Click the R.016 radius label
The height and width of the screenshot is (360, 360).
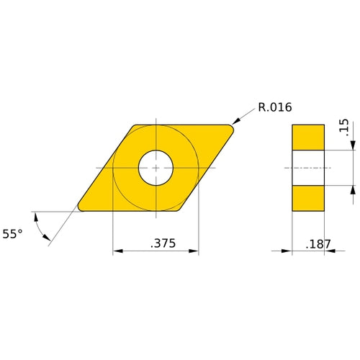pyautogui.click(x=274, y=109)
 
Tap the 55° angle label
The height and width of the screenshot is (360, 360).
pyautogui.click(x=13, y=233)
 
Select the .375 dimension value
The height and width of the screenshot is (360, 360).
pyautogui.click(x=164, y=243)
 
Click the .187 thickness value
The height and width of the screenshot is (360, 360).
pyautogui.click(x=318, y=244)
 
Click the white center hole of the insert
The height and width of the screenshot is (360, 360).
pyautogui.click(x=156, y=167)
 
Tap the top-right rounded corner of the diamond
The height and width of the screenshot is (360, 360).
pyautogui.click(x=231, y=129)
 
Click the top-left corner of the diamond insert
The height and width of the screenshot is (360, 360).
pyautogui.click(x=135, y=127)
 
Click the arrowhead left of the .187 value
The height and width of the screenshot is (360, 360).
pyautogui.click(x=287, y=251)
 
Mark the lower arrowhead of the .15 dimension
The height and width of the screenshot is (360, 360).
pyautogui.click(x=353, y=189)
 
